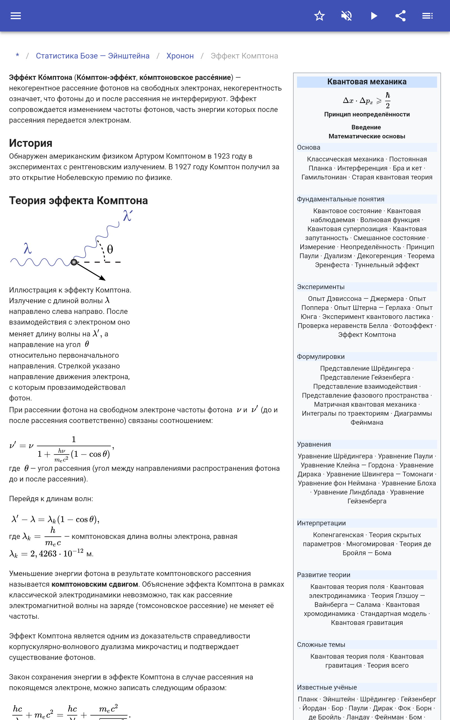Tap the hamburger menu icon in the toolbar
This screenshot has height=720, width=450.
coord(16,16)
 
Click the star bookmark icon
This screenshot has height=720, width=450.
coord(319,16)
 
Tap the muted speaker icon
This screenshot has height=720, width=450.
coord(346,16)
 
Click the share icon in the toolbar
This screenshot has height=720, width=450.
coord(400,16)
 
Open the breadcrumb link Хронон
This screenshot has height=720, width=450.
coord(180,56)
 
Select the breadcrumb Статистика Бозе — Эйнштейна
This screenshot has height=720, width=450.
coord(93,56)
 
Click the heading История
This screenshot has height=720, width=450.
coord(31,143)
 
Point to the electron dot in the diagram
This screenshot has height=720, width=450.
coord(74,262)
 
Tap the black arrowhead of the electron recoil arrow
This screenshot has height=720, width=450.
coord(103,278)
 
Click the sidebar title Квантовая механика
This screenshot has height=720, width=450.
coord(367,82)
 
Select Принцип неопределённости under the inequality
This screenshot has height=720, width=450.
coord(367,114)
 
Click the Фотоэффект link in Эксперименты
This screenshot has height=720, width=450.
coord(413,326)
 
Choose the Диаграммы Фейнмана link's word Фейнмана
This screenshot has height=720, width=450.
coord(367,422)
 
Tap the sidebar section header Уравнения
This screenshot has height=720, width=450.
coord(314,444)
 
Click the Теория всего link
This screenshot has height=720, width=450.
coord(388,665)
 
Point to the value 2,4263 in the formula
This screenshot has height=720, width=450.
coord(43,554)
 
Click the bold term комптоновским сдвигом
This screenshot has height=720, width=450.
coord(95,584)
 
